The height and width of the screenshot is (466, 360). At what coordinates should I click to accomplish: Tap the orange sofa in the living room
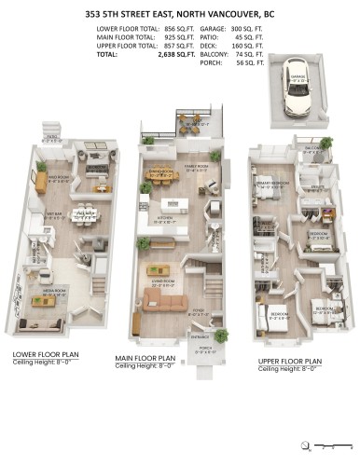pos(154,297)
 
